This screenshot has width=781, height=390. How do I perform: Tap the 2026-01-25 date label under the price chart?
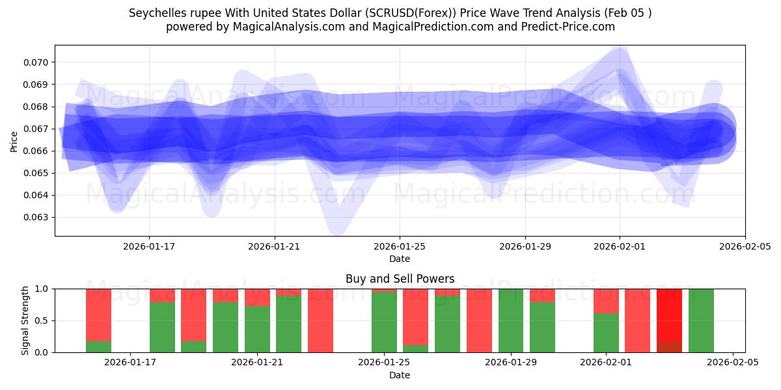400,246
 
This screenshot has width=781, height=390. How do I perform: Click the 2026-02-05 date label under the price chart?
745,246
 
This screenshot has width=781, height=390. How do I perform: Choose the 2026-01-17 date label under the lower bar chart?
131,363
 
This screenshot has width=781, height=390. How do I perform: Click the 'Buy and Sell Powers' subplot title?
400,279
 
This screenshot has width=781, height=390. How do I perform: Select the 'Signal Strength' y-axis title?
25,320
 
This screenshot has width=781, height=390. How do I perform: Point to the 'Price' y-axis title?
14,140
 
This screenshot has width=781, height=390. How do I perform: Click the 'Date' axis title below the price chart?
400,259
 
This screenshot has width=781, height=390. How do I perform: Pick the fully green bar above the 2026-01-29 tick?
511,320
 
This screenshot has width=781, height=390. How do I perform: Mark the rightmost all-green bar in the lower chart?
701,320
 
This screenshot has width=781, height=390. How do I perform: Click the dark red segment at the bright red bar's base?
669,346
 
